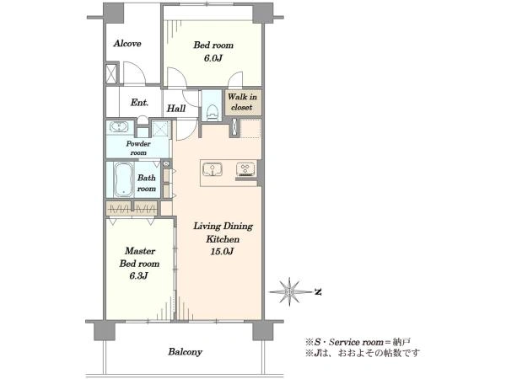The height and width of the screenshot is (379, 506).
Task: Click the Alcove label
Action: click(x=127, y=44)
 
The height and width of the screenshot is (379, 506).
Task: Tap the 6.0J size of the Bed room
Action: click(x=213, y=58)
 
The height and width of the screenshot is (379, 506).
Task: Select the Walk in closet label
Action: click(x=242, y=102)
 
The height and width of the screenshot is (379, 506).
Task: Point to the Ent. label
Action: click(x=139, y=103)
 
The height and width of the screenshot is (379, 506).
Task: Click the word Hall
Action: click(x=176, y=109)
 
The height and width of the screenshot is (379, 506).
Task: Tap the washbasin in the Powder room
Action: click(x=119, y=126)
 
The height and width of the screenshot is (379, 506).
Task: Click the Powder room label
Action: click(x=138, y=148)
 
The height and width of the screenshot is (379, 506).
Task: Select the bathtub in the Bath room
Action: click(x=123, y=179)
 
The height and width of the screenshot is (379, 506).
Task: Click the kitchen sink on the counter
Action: click(x=212, y=169)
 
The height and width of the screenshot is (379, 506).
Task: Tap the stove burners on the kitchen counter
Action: click(x=245, y=169)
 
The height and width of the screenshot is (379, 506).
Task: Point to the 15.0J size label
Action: click(x=222, y=251)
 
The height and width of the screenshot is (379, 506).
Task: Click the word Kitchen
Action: click(x=223, y=239)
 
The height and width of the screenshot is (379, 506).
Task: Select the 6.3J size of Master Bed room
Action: click(x=139, y=276)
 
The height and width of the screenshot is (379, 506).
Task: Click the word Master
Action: click(x=140, y=251)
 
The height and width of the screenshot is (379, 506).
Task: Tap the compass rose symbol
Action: click(x=289, y=291)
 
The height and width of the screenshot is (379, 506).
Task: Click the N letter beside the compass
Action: click(x=318, y=292)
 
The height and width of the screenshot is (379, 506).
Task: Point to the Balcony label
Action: click(x=186, y=351)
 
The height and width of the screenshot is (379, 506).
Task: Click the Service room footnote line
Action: click(x=358, y=342)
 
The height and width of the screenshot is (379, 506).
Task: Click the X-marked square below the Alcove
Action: click(x=111, y=74)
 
